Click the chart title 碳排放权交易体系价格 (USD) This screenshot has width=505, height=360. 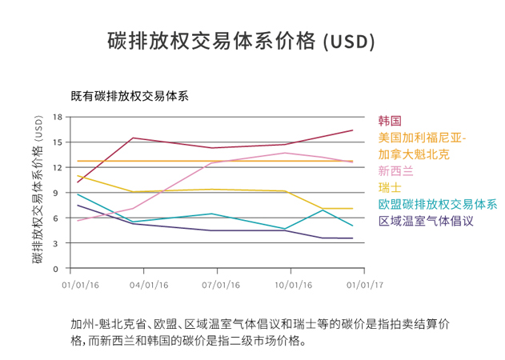pos(241,41)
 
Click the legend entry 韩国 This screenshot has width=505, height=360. pos(389,121)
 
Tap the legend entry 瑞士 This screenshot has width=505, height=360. pos(389,187)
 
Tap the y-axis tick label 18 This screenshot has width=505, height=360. pos(57,117)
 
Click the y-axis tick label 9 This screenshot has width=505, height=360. pos(58,193)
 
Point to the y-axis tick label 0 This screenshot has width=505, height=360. pos(58,269)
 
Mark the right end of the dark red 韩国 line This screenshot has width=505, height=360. pos(353,130)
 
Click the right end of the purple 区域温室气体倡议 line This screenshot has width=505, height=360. pos(353,238)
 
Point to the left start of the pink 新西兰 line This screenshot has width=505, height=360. pos(78,221)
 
